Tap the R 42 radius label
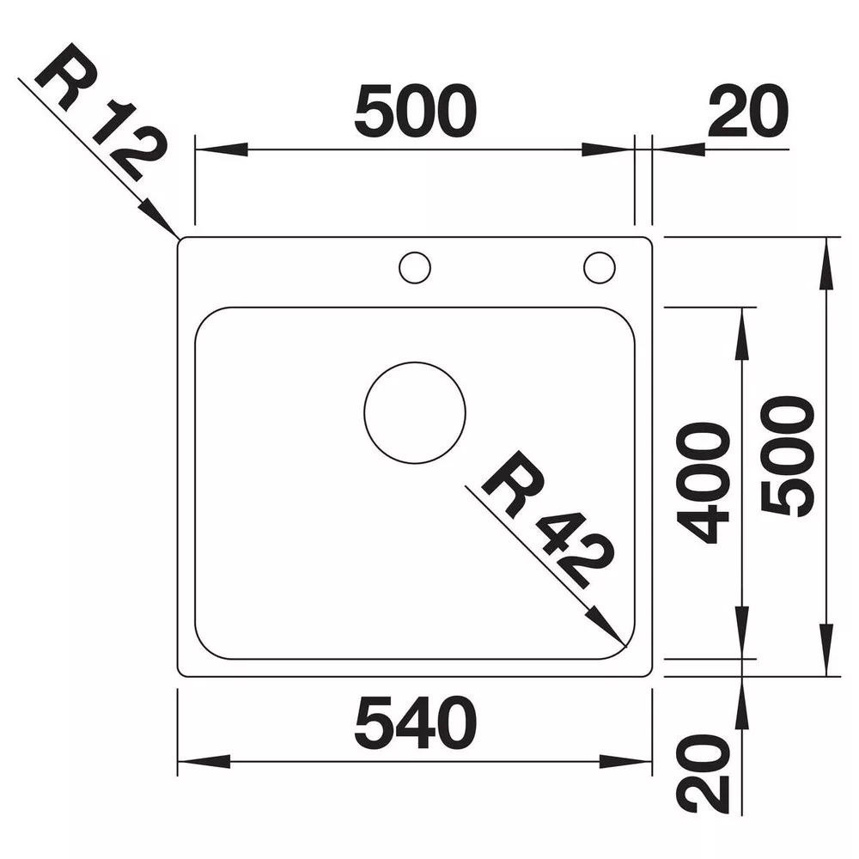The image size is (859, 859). click(x=547, y=519)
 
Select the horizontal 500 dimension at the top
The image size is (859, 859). click(x=415, y=111)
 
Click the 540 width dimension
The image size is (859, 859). click(x=415, y=723)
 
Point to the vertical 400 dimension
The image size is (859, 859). click(x=704, y=483)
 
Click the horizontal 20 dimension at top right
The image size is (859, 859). click(x=748, y=111)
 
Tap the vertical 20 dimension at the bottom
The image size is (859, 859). click(x=704, y=774)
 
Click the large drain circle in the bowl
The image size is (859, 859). click(x=415, y=362)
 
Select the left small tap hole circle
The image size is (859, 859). click(x=415, y=253)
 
